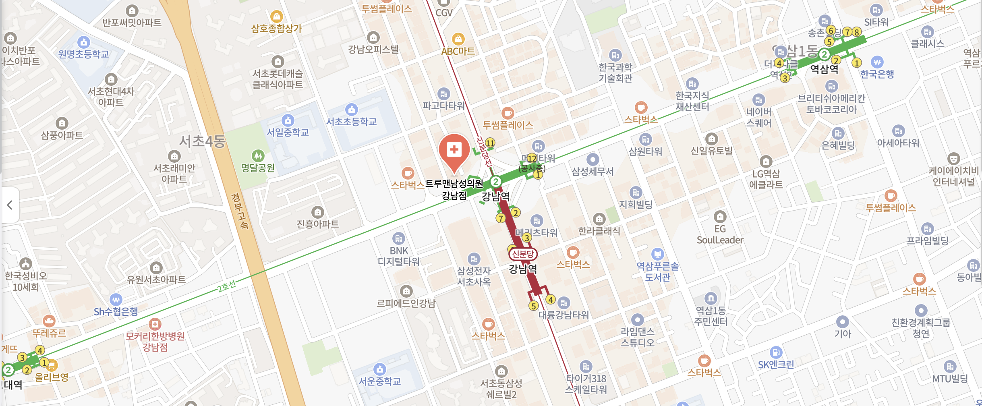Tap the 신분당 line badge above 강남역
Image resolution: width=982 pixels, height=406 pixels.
[x=523, y=254]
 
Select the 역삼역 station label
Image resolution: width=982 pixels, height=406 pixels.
[x=824, y=69]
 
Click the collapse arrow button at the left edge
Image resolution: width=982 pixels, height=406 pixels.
[x=10, y=205]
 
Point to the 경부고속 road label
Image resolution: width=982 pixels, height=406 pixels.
[x=240, y=211]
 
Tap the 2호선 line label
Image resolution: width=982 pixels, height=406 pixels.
[x=226, y=286]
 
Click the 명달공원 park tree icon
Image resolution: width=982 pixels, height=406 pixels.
[x=258, y=155]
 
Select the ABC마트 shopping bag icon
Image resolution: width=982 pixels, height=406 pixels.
[x=458, y=39]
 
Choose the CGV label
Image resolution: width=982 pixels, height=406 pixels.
[x=444, y=13]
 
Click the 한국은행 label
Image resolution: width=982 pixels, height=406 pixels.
[x=877, y=74]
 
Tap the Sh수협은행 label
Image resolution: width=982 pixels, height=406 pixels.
[x=116, y=312]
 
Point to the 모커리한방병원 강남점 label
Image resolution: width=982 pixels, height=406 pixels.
[x=155, y=341]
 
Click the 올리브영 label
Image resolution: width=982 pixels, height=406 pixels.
[x=52, y=377]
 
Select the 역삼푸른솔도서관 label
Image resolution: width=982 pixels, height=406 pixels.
[x=657, y=271]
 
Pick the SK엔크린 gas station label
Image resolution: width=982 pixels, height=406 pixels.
[x=776, y=365]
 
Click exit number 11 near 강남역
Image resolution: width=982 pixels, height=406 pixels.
[x=490, y=143]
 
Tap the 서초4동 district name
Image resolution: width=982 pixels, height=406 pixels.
[x=202, y=141]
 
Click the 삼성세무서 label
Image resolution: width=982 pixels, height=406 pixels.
[x=593, y=172]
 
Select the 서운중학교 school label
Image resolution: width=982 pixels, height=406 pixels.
[x=380, y=381]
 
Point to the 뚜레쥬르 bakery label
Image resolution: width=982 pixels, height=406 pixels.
[x=49, y=333]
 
